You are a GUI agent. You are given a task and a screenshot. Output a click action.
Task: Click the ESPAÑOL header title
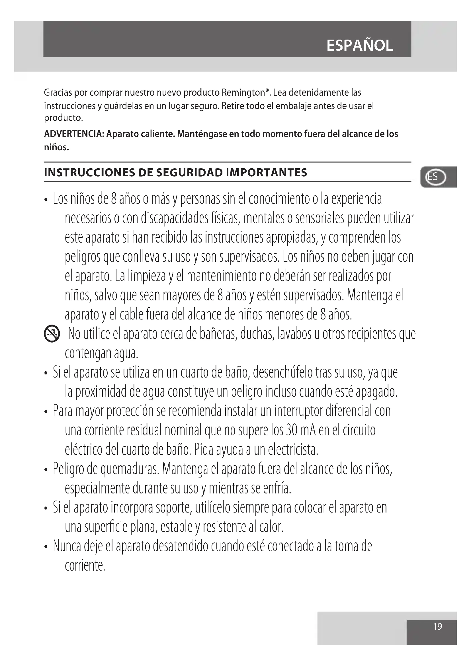click(360, 46)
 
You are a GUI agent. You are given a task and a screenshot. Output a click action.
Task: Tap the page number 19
click(437, 627)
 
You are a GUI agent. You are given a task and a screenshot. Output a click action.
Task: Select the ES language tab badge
click(435, 177)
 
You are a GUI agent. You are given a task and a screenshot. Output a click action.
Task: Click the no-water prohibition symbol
click(52, 334)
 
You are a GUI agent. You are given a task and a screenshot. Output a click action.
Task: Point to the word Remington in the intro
click(243, 93)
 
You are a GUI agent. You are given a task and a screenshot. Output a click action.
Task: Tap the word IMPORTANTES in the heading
click(267, 173)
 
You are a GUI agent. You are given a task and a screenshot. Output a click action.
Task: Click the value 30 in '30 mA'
click(292, 430)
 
